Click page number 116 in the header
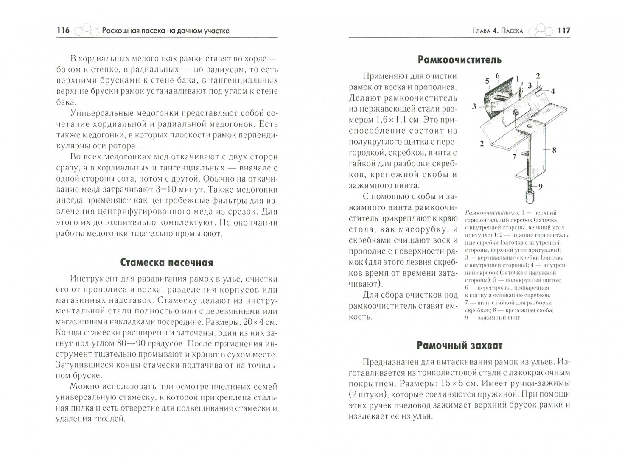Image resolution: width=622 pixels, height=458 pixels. [x=62, y=30]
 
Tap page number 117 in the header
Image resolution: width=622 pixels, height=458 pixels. [x=563, y=30]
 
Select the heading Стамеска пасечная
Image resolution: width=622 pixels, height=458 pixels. [x=166, y=263]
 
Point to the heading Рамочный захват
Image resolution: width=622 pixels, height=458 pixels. [x=459, y=345]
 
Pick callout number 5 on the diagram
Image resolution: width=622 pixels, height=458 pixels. [x=487, y=80]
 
